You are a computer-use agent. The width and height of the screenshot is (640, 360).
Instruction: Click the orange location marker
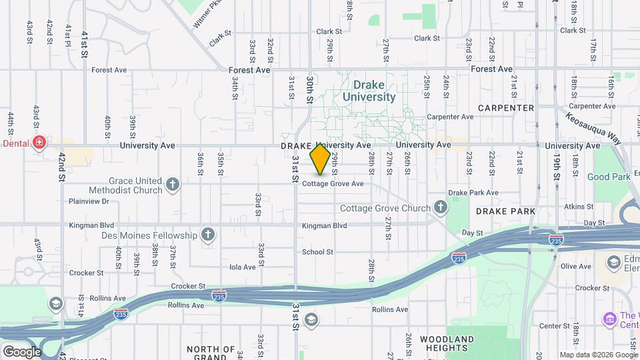tap(320, 159)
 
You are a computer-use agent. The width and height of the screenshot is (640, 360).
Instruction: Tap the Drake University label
tap(369, 91)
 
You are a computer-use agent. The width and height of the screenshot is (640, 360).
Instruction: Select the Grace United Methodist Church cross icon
tap(173, 184)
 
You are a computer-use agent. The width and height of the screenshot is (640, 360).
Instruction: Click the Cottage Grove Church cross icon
tap(440, 208)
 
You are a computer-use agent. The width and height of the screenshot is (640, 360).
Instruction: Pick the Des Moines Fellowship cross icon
tap(209, 235)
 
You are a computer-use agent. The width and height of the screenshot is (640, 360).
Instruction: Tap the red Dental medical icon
tap(40, 143)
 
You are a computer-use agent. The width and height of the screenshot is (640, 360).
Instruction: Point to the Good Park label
tap(609, 177)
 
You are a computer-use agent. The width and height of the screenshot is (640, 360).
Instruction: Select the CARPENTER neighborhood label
tap(506, 108)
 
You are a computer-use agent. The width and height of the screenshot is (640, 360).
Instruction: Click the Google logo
tap(22, 351)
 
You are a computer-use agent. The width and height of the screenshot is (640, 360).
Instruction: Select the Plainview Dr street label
tap(89, 201)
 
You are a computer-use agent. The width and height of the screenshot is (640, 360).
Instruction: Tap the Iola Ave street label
tap(243, 267)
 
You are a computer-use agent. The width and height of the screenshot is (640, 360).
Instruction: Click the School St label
tap(317, 252)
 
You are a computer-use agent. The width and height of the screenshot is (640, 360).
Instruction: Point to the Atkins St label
tap(578, 207)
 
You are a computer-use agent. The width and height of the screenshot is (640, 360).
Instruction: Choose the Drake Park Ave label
tap(473, 193)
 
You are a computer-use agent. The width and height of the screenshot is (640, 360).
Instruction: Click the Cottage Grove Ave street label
tap(333, 183)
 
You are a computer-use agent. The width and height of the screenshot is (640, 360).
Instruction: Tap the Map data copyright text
tap(599, 355)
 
